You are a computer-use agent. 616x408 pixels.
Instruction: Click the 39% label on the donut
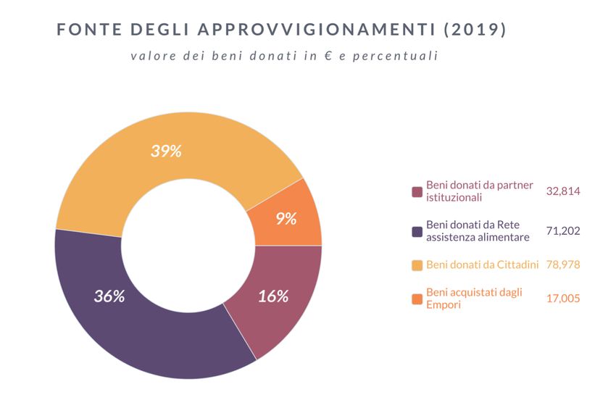click(x=166, y=151)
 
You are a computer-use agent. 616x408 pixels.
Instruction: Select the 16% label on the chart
click(x=273, y=296)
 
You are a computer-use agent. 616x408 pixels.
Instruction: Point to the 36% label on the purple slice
click(x=109, y=296)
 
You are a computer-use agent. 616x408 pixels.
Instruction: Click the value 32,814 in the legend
click(x=563, y=191)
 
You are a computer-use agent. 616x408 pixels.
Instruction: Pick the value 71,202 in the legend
click(x=563, y=231)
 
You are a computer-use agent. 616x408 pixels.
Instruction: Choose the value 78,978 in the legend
click(x=563, y=265)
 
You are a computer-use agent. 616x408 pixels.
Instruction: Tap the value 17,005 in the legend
click(x=563, y=298)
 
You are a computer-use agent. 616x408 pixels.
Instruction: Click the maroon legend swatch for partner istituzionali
click(x=417, y=192)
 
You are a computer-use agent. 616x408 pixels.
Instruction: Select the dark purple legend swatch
click(x=417, y=232)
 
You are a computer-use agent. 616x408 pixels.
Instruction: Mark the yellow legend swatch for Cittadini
click(x=417, y=265)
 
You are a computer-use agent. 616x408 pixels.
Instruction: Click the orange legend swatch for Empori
click(x=417, y=299)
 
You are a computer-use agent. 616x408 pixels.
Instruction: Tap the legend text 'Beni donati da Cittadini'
click(x=482, y=265)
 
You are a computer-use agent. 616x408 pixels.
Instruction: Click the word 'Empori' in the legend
click(x=443, y=304)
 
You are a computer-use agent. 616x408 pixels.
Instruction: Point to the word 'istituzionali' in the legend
click(x=454, y=198)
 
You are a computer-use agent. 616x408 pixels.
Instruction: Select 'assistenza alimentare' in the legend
click(x=478, y=237)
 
